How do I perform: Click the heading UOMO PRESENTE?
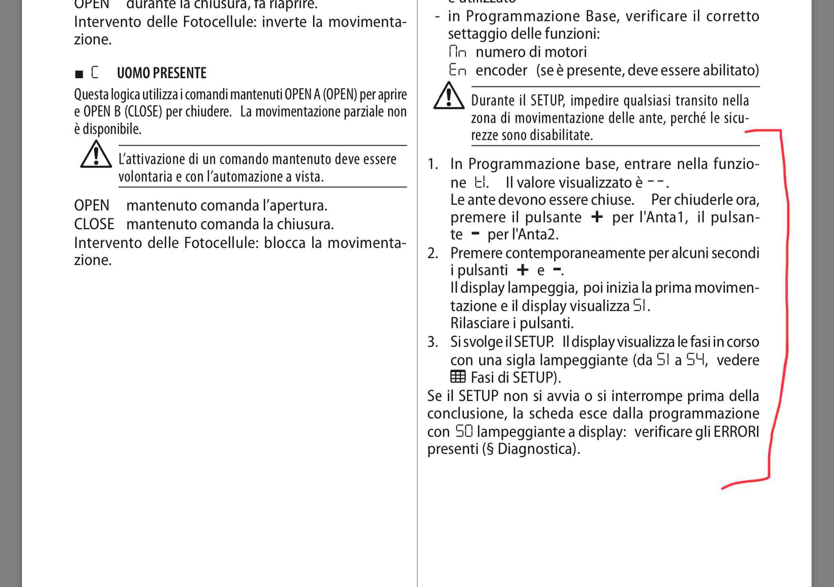[x=161, y=73]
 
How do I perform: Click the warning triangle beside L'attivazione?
[x=96, y=155]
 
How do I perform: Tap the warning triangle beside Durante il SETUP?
[x=449, y=96]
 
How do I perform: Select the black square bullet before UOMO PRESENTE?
[x=79, y=74]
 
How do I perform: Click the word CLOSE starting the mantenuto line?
[x=94, y=224]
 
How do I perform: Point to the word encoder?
[x=501, y=70]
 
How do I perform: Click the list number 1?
[x=433, y=164]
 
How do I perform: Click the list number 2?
[x=433, y=253]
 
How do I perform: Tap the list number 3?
[x=433, y=342]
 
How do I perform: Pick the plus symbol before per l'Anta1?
[x=597, y=217]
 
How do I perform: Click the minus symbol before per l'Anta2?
[x=475, y=234]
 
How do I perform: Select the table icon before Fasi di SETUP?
[x=458, y=377]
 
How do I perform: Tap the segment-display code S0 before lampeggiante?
[x=464, y=431]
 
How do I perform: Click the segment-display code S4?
[x=695, y=359]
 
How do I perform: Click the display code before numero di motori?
[x=458, y=52]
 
